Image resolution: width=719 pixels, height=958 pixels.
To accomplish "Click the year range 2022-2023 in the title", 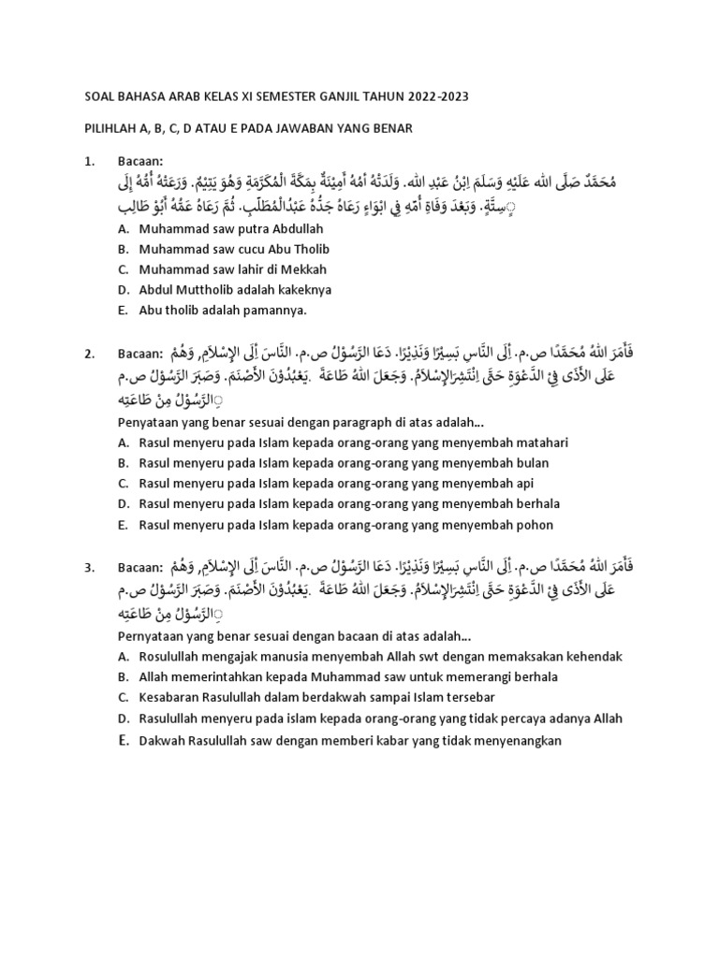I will pyautogui.click(x=434, y=96).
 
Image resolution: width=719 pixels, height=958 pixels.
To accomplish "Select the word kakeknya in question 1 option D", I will pyautogui.click(x=301, y=290).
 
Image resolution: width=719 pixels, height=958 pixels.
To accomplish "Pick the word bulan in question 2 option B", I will pyautogui.click(x=531, y=463).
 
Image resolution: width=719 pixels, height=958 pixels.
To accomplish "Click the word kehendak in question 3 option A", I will pyautogui.click(x=594, y=657).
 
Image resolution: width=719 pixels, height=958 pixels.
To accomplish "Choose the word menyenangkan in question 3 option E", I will pyautogui.click(x=514, y=740).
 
